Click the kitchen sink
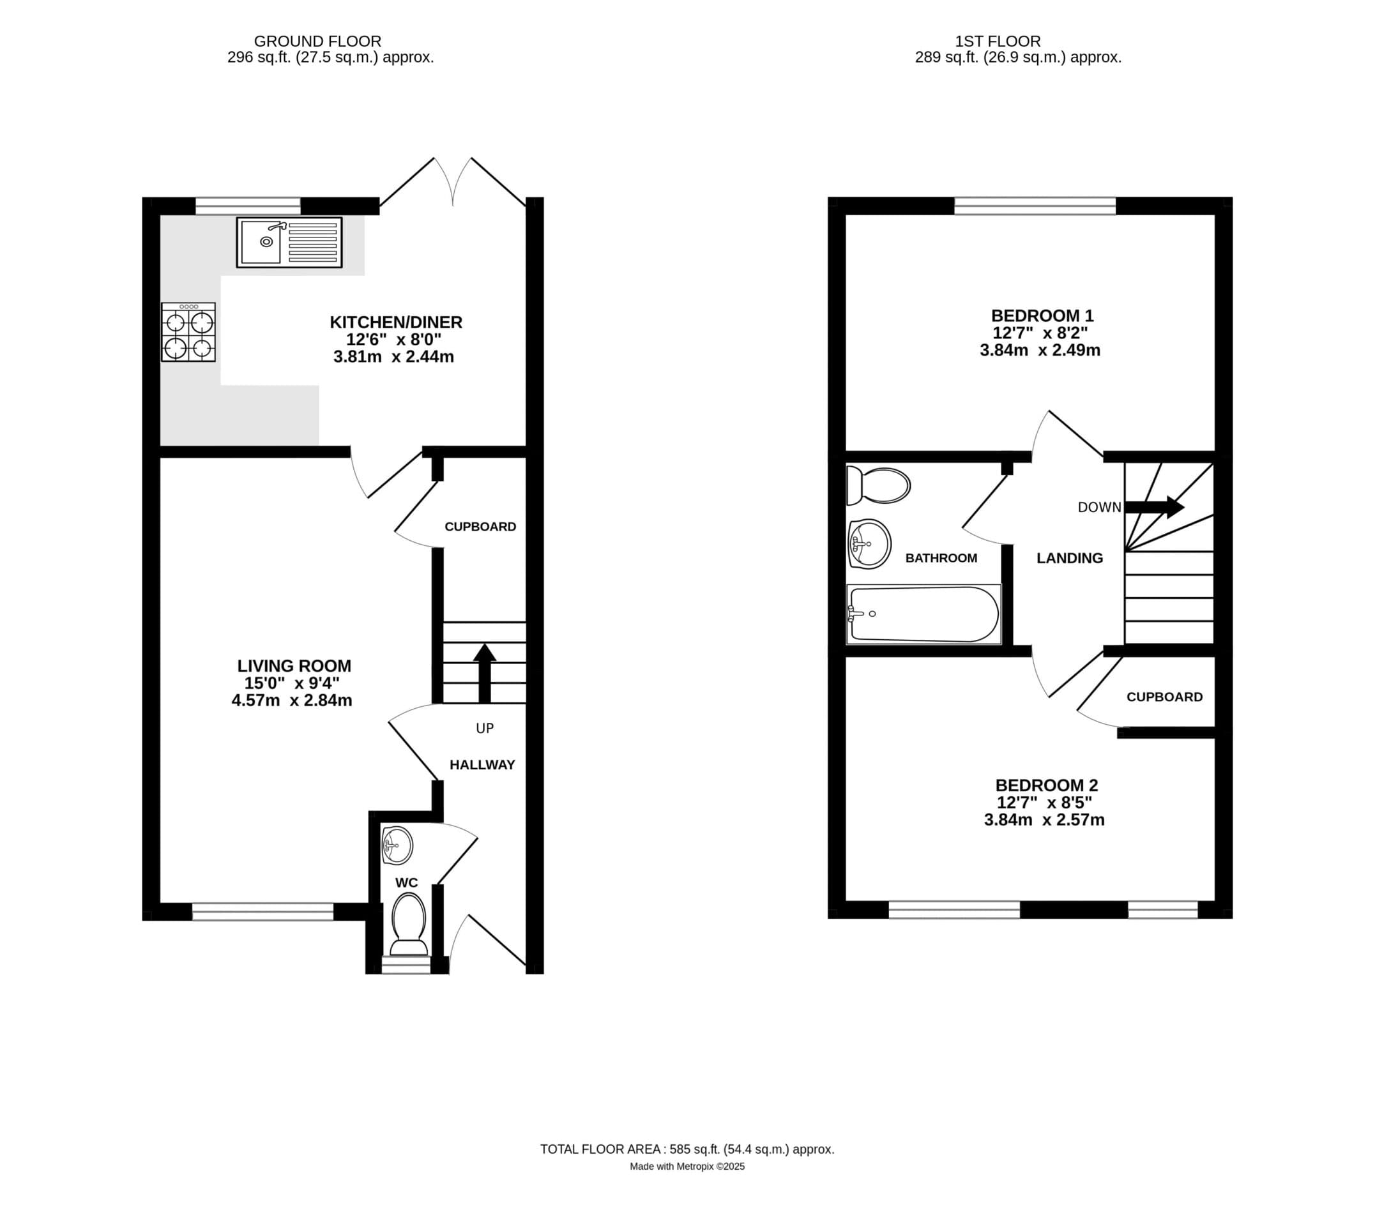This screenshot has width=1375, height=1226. (x=289, y=242)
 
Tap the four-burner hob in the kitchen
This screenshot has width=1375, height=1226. (x=188, y=332)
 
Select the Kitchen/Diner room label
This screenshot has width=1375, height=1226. (x=396, y=322)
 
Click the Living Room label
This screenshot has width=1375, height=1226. (x=294, y=665)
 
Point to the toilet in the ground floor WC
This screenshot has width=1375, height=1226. (x=409, y=924)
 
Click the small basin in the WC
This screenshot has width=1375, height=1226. (x=397, y=845)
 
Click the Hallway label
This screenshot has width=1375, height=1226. (x=482, y=764)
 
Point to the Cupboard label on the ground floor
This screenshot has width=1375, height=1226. (x=480, y=527)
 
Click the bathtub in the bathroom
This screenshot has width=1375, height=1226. (x=923, y=614)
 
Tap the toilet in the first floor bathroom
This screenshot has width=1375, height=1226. (x=879, y=485)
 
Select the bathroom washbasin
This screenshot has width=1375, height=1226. (x=870, y=543)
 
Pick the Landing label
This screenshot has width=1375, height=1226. (x=1070, y=557)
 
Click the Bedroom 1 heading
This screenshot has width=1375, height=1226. (x=1042, y=315)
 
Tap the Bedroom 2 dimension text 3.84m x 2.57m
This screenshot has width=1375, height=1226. (x=1044, y=820)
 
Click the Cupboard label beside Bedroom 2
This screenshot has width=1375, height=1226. (x=1165, y=697)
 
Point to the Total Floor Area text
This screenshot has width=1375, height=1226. (x=687, y=1149)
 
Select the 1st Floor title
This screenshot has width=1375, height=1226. (x=998, y=41)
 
